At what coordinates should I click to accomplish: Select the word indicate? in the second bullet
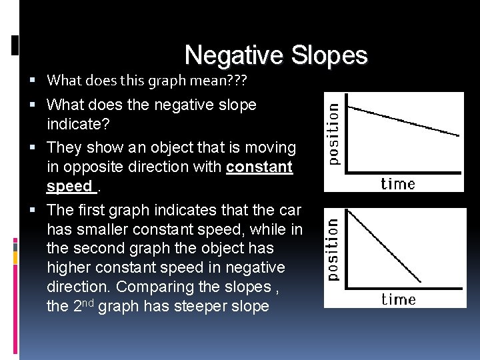pyautogui.click(x=77, y=125)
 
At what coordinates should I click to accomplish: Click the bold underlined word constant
pyautogui.click(x=259, y=167)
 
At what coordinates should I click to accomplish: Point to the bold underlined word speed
pyautogui.click(x=69, y=186)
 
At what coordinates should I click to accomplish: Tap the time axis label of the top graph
pyautogui.click(x=398, y=183)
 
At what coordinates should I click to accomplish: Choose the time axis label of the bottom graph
pyautogui.click(x=399, y=299)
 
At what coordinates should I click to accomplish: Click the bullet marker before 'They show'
pyautogui.click(x=39, y=148)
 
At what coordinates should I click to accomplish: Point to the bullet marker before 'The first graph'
pyautogui.click(x=39, y=211)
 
